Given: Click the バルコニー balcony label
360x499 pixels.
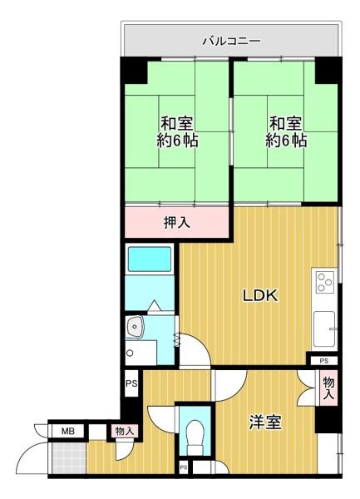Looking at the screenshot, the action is (232, 41).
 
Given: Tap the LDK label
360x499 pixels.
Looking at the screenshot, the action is (260, 295).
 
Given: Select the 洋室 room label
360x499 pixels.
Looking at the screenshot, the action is (265, 422).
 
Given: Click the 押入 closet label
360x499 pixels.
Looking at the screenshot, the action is (177, 222).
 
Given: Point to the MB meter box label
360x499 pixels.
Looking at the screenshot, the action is (67, 431).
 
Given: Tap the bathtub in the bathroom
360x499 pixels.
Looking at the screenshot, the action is (150, 259).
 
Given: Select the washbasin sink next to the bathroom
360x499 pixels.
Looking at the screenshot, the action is (136, 327).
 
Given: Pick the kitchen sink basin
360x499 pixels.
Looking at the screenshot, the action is (324, 329).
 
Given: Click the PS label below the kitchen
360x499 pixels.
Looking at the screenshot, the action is (323, 361).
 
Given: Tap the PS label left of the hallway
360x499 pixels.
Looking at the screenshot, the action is (131, 383).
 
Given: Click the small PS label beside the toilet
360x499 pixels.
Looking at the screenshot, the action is (184, 467).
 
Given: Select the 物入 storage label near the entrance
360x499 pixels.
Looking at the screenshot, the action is (125, 432).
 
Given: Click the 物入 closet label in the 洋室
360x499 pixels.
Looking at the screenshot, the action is (329, 388).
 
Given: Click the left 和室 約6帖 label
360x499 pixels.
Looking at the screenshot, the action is (177, 131).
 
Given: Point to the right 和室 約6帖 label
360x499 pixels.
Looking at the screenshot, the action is (286, 131).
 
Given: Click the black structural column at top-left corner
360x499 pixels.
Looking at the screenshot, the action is (134, 71).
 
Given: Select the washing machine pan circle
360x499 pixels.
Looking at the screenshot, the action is (130, 353).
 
